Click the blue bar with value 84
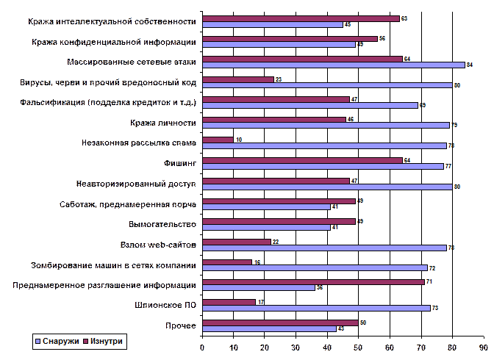[x=333, y=65]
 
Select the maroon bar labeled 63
[x=300, y=18]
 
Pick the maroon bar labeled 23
[x=237, y=79]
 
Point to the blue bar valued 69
[x=309, y=105]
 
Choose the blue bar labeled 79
[x=325, y=125]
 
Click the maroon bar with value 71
[x=312, y=281]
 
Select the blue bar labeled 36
[x=258, y=287]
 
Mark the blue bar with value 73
[x=315, y=308]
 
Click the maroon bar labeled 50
[x=279, y=322]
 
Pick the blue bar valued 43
[x=268, y=328]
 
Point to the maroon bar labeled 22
[x=236, y=242]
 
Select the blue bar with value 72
[x=314, y=267]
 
